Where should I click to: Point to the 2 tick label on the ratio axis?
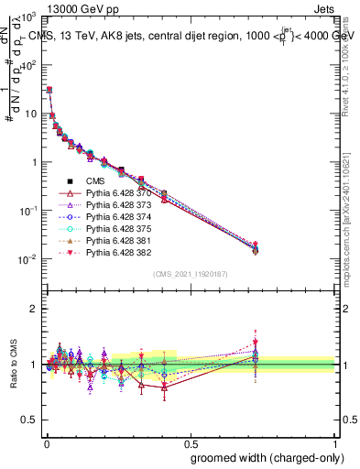34,309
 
